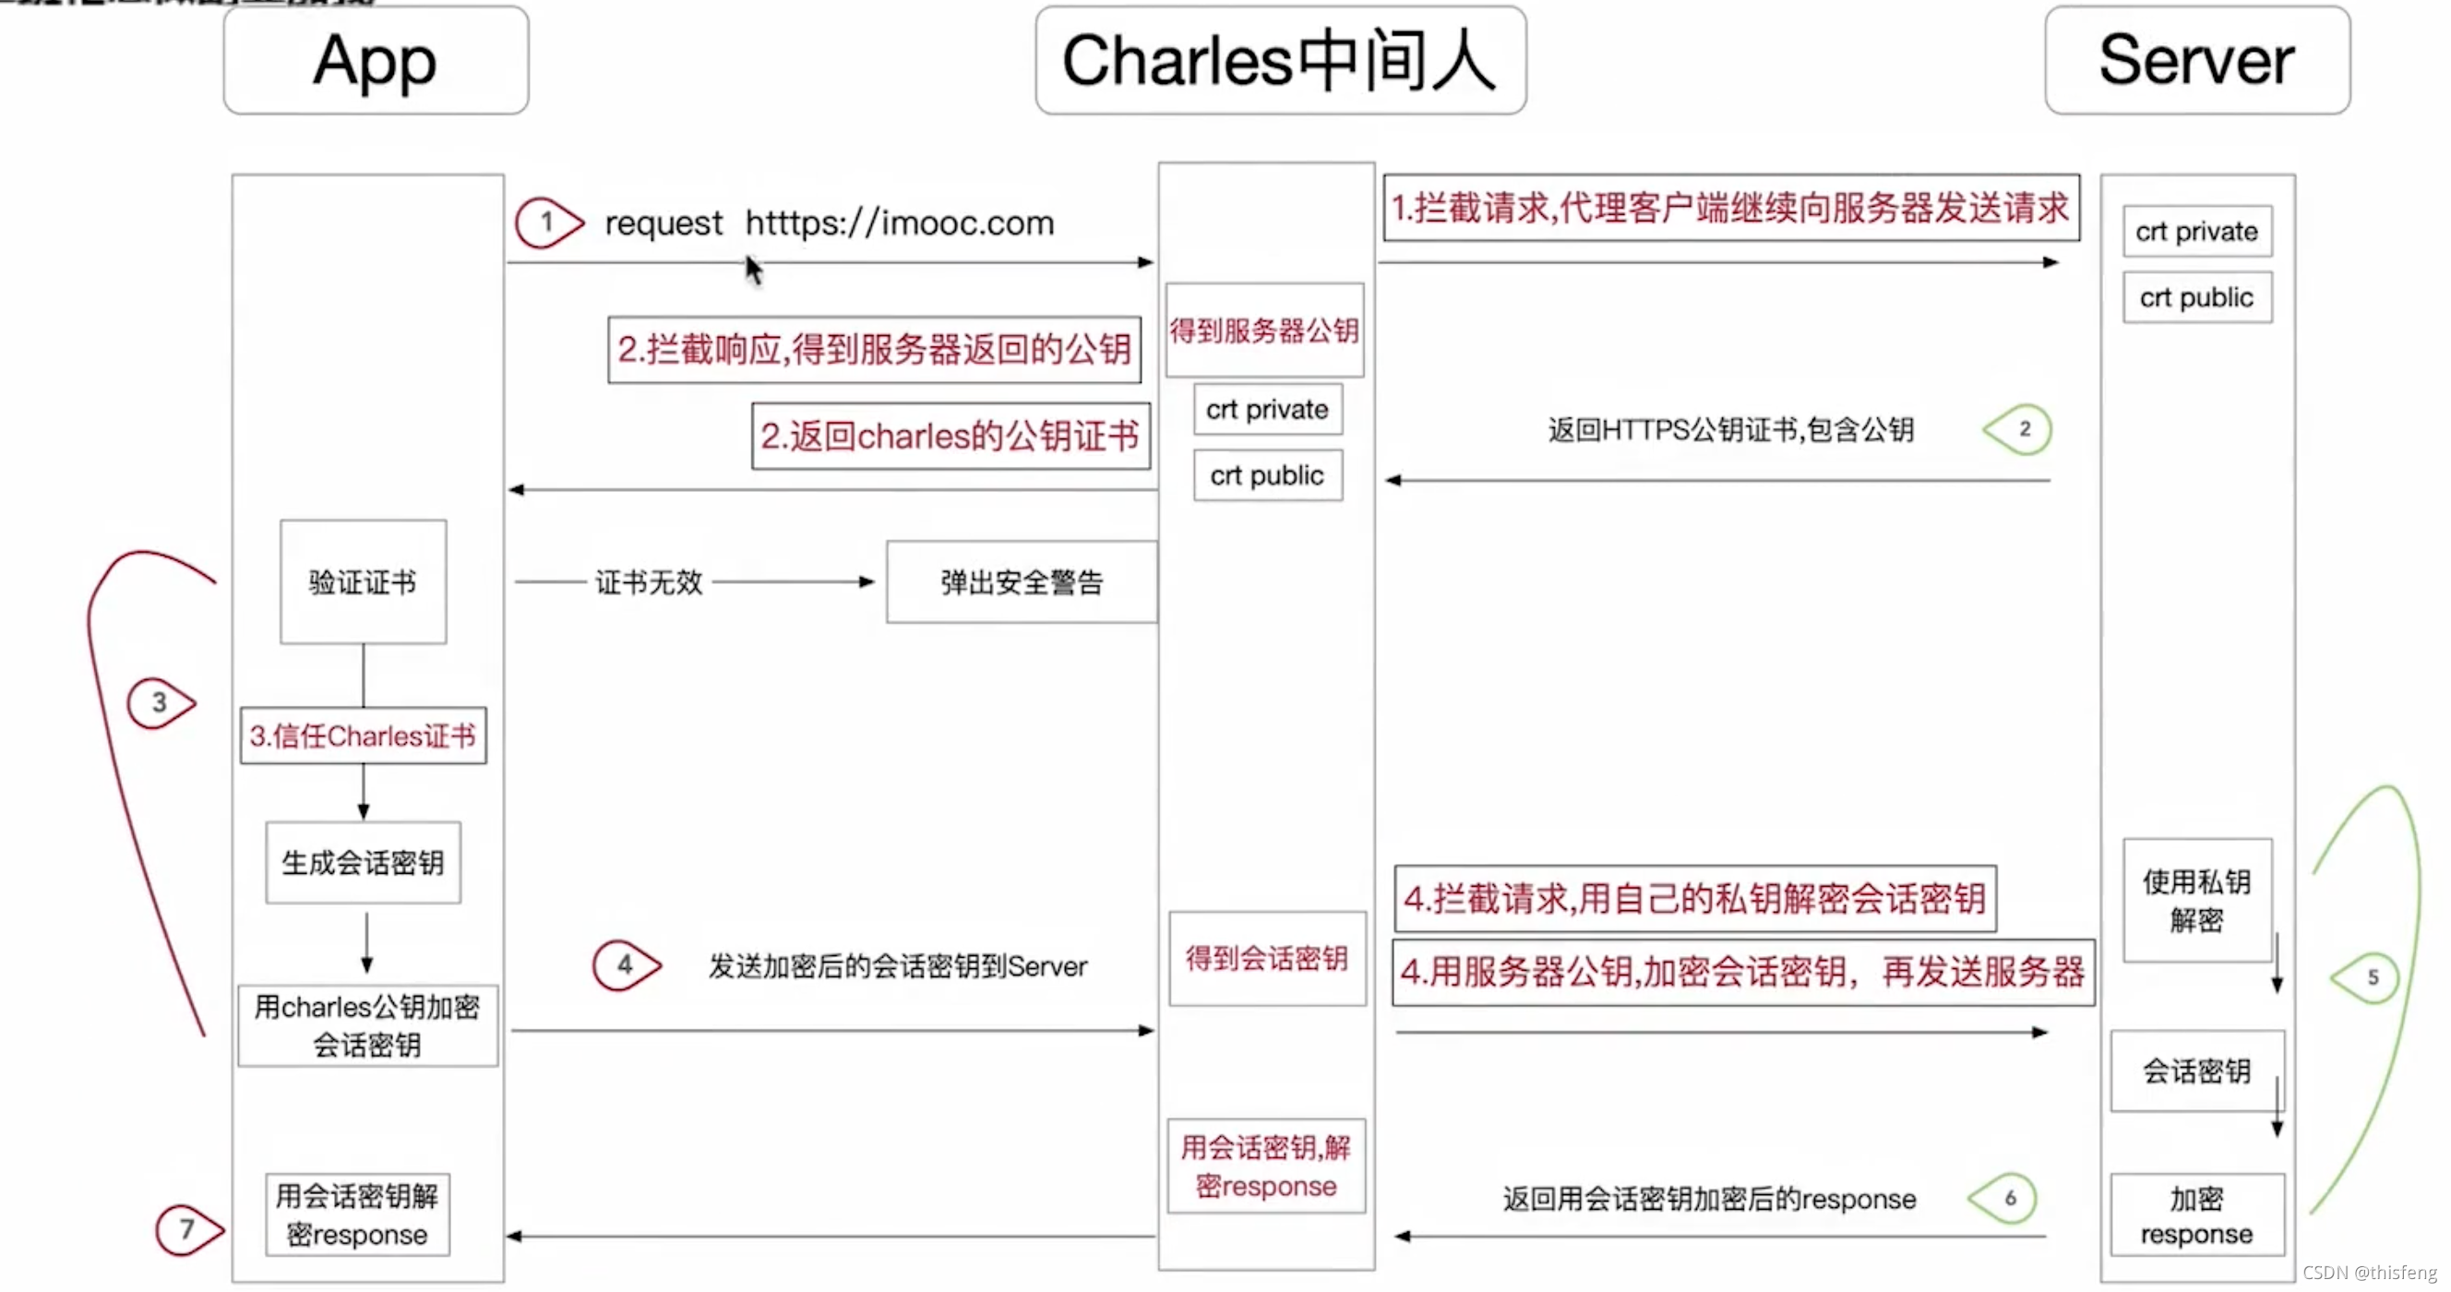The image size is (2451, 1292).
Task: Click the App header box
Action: click(x=376, y=61)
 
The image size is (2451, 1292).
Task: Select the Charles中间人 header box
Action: click(x=1280, y=61)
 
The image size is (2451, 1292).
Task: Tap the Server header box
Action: click(x=2196, y=61)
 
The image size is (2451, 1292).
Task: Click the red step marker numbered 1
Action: click(x=548, y=222)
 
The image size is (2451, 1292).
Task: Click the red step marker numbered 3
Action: click(x=160, y=703)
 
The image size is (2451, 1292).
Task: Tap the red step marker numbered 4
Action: click(x=625, y=964)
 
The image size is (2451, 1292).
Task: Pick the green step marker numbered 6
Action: click(x=2004, y=1198)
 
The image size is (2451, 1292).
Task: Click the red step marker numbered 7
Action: click(x=188, y=1229)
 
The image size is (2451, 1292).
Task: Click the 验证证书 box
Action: click(x=363, y=581)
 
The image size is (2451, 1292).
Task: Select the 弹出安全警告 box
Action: click(x=1021, y=581)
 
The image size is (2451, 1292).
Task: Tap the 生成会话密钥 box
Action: click(x=363, y=862)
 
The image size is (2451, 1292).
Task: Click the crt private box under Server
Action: click(x=2196, y=232)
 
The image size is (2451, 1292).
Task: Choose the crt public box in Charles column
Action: click(x=1266, y=474)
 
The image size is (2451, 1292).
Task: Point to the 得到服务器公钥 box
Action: click(x=1263, y=330)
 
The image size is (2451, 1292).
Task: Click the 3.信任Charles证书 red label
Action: click(x=363, y=736)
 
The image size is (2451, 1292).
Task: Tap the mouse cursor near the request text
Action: click(x=753, y=269)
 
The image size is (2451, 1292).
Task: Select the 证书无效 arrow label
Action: click(x=648, y=581)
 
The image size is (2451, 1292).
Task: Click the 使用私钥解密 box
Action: click(x=2196, y=900)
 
